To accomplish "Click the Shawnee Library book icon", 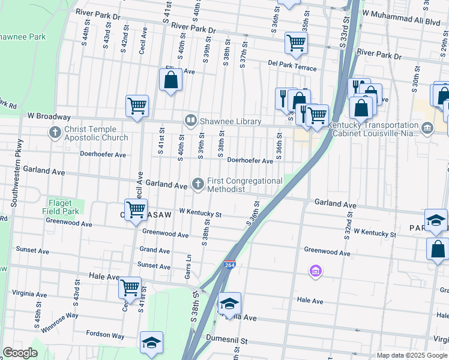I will coord(191,121).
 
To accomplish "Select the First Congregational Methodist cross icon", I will coord(198,183).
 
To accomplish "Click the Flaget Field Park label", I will coord(60,207).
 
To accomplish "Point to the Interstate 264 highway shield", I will coord(231,265).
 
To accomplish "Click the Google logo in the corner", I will coord(20,353).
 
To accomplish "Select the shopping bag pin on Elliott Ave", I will coord(170,79).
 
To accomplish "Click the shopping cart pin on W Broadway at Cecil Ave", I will coord(137,106).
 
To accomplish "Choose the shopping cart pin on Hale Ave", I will coord(130,287).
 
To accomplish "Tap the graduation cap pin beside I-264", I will coord(229,303).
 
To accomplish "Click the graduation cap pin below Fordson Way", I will coord(151,342).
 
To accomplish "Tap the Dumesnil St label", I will coord(226,339).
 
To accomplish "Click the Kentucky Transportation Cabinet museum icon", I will coord(427,127).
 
